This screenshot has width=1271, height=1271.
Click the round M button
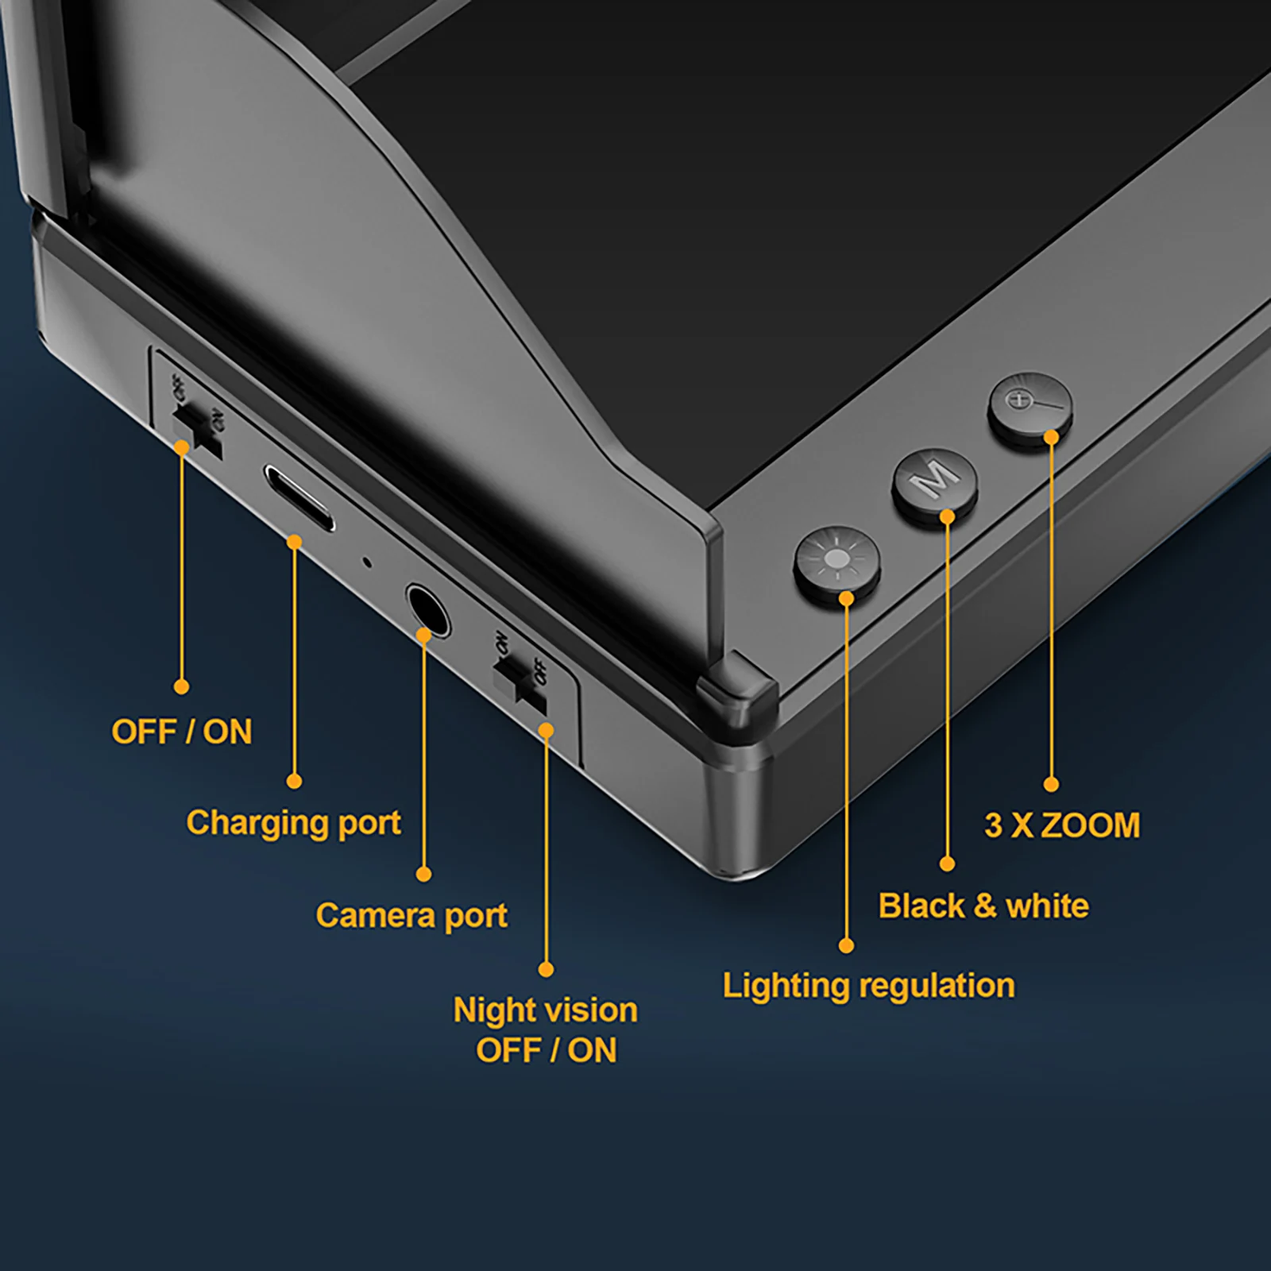(x=935, y=482)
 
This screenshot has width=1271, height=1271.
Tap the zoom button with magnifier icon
(x=1030, y=406)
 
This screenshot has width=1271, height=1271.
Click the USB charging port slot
(x=299, y=498)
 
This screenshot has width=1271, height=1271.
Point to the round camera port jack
(x=428, y=611)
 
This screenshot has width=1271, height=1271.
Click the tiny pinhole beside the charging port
(x=366, y=562)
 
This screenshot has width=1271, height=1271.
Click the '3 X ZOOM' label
(x=1062, y=825)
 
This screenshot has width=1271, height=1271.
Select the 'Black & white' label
(x=983, y=906)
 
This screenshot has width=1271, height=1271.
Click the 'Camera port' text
(x=411, y=916)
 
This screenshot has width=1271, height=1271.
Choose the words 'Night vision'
(x=545, y=1010)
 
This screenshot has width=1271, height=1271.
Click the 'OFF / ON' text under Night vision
(x=546, y=1050)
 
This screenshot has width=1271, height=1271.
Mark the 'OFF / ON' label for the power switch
(x=181, y=732)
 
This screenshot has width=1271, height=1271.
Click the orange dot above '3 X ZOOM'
(x=1051, y=784)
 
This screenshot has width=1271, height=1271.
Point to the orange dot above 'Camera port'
(x=424, y=874)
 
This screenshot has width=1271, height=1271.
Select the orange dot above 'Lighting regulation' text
(x=847, y=945)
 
